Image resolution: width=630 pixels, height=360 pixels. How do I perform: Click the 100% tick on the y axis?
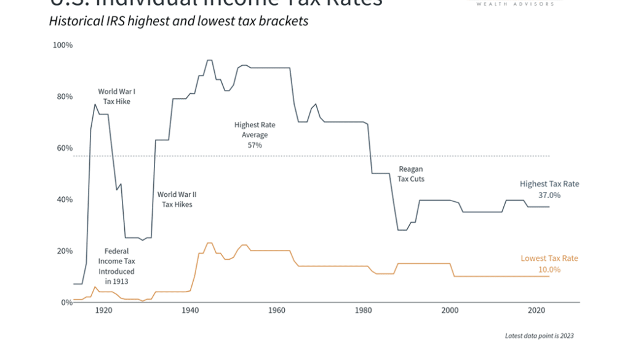tap(62, 46)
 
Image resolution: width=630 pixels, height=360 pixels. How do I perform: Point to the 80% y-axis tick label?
tap(64, 97)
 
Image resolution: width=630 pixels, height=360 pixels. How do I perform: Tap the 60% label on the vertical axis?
tap(64, 148)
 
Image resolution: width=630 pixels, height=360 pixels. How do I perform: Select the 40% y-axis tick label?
tap(64, 199)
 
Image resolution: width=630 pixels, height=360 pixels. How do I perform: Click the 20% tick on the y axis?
tap(64, 251)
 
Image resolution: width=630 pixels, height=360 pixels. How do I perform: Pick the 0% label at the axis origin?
tap(66, 302)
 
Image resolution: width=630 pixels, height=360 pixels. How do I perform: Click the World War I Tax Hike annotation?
tap(116, 97)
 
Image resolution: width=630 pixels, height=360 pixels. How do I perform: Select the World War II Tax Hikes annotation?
tap(177, 199)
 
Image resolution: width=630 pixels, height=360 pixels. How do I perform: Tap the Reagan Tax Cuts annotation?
tap(411, 174)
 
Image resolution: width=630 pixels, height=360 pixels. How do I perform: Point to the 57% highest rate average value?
tap(255, 145)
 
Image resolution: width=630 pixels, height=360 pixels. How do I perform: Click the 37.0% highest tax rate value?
tap(549, 195)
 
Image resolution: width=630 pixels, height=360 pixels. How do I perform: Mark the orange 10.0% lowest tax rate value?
tap(549, 270)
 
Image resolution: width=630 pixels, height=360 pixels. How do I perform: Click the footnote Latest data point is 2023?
tap(540, 336)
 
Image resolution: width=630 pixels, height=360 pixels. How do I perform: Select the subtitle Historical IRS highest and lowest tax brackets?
tap(178, 22)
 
